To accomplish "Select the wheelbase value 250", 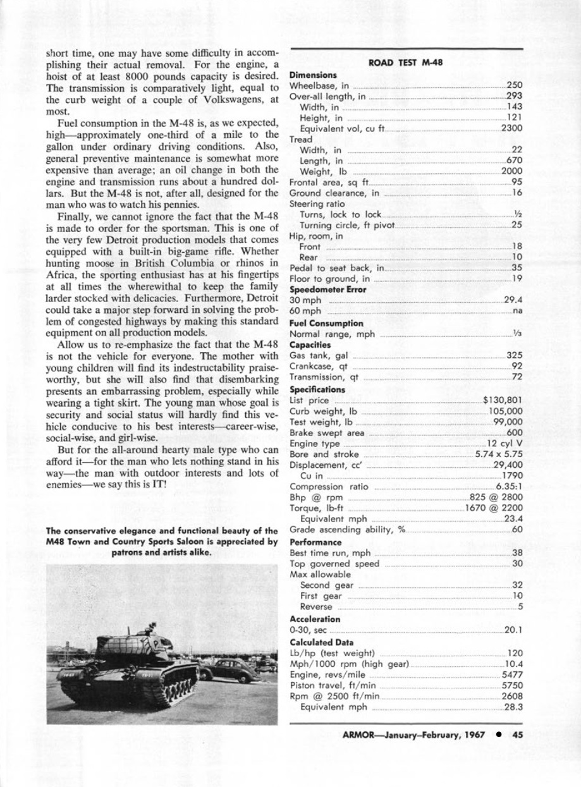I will click(514, 85).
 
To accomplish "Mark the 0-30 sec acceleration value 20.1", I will click(513, 630).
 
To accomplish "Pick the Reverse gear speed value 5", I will click(520, 607).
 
